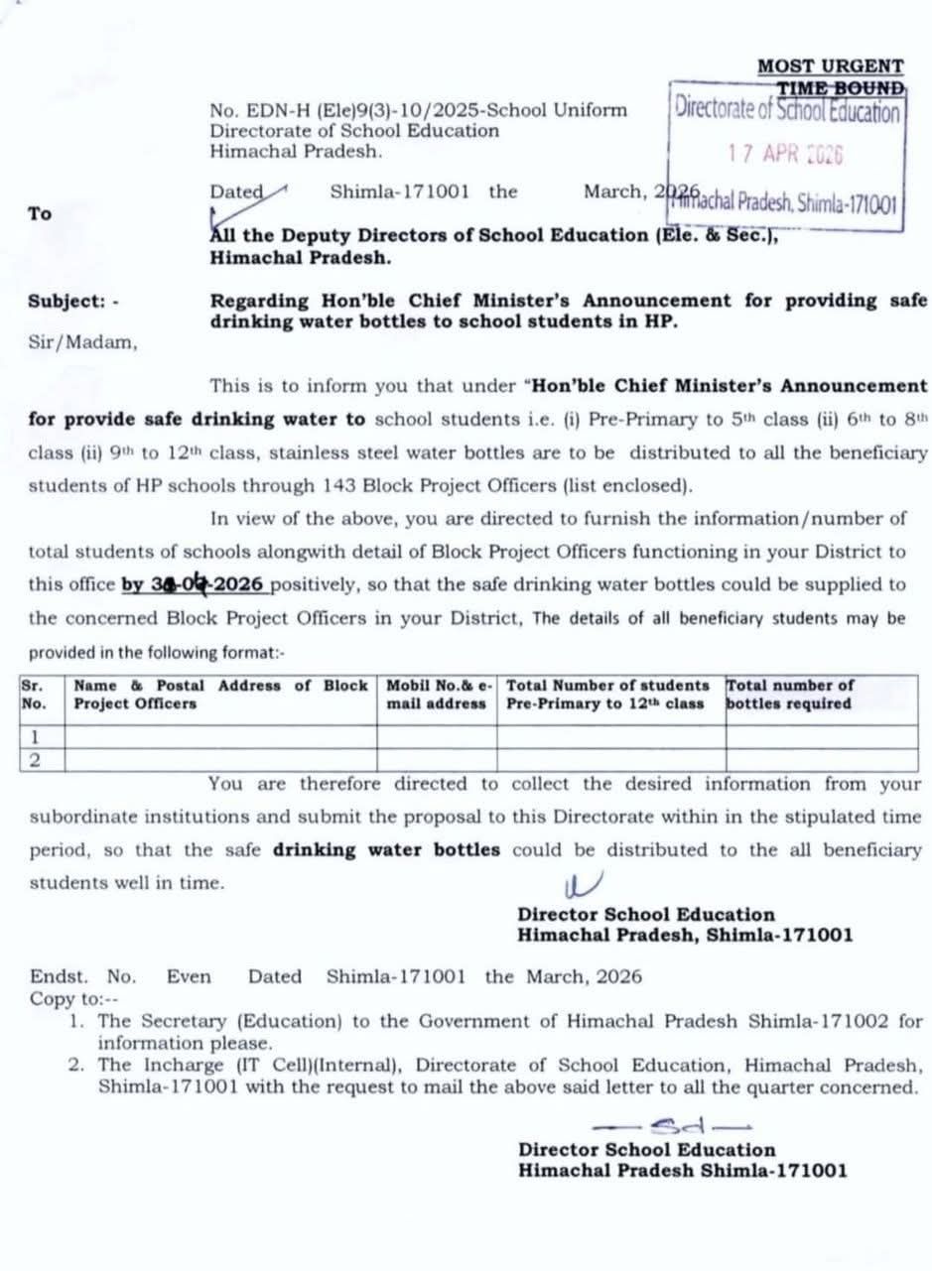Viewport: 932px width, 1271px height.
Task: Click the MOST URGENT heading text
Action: tap(830, 66)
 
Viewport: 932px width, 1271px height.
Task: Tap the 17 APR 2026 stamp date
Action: tap(784, 154)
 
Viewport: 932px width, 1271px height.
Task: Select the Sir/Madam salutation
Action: tap(83, 342)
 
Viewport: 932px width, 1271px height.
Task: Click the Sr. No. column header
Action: tap(33, 695)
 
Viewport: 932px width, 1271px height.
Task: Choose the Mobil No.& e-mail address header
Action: tap(439, 695)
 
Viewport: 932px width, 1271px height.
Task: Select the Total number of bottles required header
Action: tap(790, 695)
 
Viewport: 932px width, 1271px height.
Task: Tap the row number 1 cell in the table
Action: tap(35, 737)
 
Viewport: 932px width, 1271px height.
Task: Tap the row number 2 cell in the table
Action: tap(35, 760)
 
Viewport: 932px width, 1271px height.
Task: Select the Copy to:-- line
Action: tap(73, 998)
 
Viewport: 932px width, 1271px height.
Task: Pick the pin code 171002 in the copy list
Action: tap(862, 1021)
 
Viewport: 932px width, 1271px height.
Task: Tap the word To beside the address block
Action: tap(40, 213)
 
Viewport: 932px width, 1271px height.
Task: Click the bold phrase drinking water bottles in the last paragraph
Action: tap(386, 849)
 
